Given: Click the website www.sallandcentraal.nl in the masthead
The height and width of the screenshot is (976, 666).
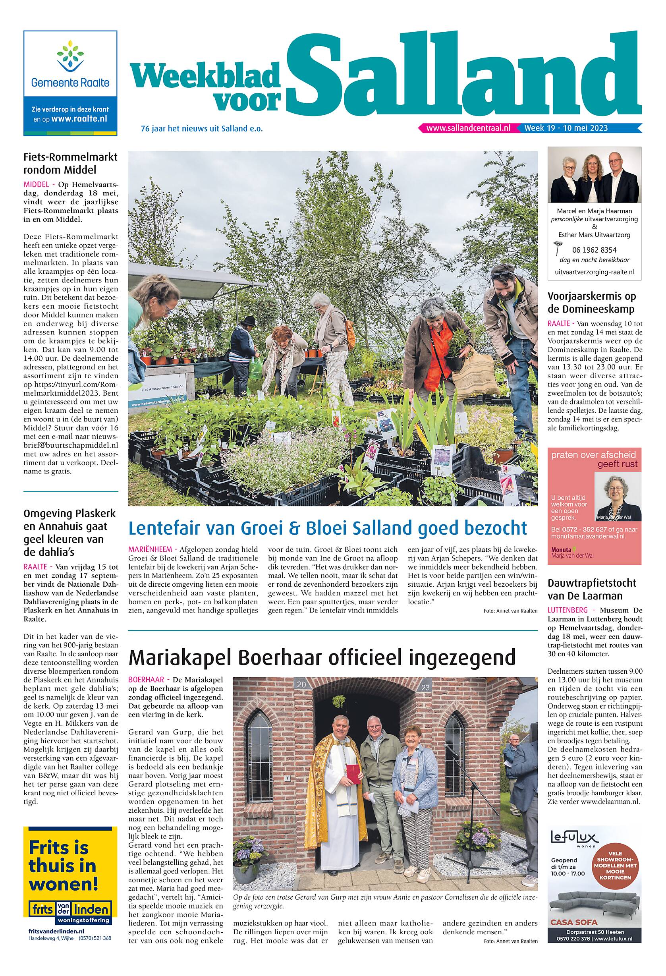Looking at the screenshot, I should point(468,128).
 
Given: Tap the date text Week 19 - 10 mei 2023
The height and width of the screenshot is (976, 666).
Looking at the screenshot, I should point(566,128).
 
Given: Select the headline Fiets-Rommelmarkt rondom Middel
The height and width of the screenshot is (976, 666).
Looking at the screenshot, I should point(70,163).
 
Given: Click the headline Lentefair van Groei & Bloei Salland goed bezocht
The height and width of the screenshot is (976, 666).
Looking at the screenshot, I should point(328,528).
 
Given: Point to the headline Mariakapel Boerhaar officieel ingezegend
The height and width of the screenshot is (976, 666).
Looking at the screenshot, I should point(322,657).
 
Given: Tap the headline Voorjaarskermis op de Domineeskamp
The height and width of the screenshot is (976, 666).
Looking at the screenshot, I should point(591,302).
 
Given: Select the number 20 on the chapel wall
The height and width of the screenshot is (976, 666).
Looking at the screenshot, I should point(301,684).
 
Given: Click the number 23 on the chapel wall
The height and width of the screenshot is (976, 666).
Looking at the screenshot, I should point(425,688).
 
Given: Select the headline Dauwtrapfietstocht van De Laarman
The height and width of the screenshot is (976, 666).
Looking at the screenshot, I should point(591,589).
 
